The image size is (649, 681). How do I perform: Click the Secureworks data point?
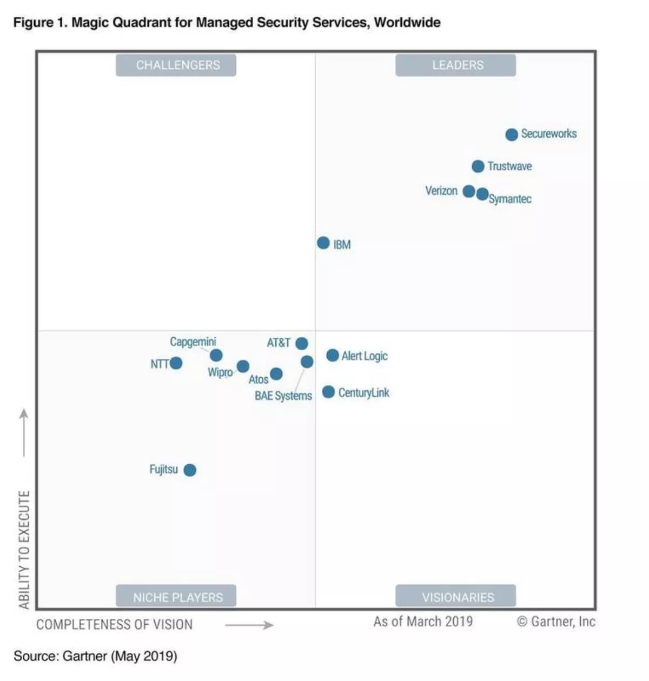(x=511, y=135)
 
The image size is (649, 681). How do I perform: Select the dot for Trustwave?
(x=478, y=166)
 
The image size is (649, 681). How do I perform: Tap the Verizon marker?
(x=469, y=191)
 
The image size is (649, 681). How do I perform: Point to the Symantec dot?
(x=482, y=194)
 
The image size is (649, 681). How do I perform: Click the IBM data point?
(x=323, y=243)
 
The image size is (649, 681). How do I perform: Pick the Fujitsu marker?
(x=189, y=470)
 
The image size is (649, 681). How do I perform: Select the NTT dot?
(x=176, y=363)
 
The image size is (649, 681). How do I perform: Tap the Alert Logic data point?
(x=333, y=355)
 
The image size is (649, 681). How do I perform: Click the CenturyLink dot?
(x=328, y=392)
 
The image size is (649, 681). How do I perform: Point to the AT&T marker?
(x=302, y=343)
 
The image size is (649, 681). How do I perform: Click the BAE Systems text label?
(x=283, y=396)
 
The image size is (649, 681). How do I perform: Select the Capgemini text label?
(x=193, y=342)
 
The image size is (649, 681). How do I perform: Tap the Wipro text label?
(x=220, y=372)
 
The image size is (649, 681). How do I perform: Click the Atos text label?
(x=258, y=379)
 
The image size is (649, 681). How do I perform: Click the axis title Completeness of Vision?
(x=114, y=625)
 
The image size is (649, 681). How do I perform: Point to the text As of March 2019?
(x=422, y=622)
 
